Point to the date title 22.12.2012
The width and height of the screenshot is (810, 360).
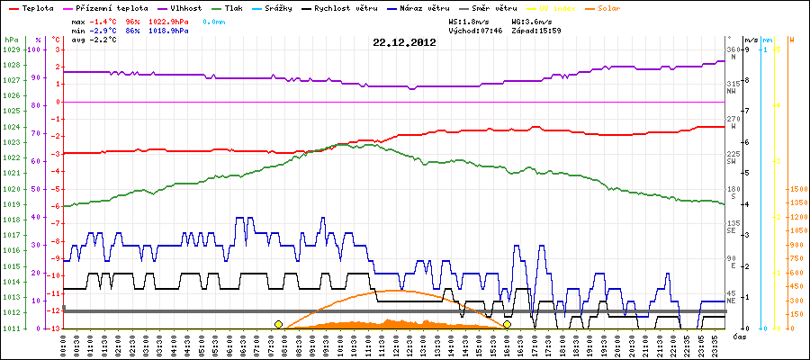pos(404,41)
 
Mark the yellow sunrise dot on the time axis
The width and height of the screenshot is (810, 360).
pos(278,324)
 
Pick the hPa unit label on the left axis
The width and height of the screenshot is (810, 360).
pos(11,40)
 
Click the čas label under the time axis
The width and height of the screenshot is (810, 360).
pos(738,337)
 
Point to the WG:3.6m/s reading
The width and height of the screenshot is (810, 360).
pos(531,20)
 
